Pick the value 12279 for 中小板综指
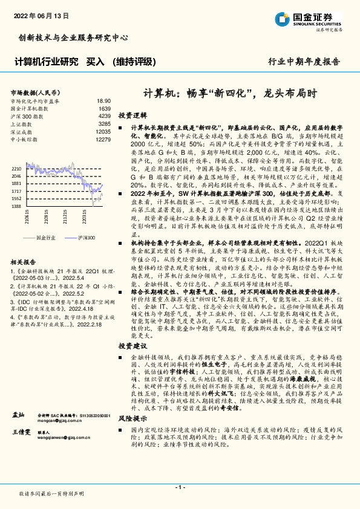coord(103,140)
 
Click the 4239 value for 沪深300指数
coord(104,116)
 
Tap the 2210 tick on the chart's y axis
coord(16,169)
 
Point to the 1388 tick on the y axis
coord(16,206)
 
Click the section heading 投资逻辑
coord(133,115)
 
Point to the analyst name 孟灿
coord(18,415)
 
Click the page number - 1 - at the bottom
coord(180,487)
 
